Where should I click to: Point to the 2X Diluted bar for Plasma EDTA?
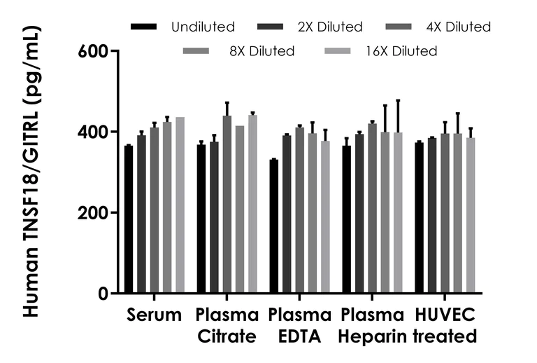tap(287, 214)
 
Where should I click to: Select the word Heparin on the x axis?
tap(372, 336)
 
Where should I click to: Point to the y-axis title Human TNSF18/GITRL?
tap(31, 172)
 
